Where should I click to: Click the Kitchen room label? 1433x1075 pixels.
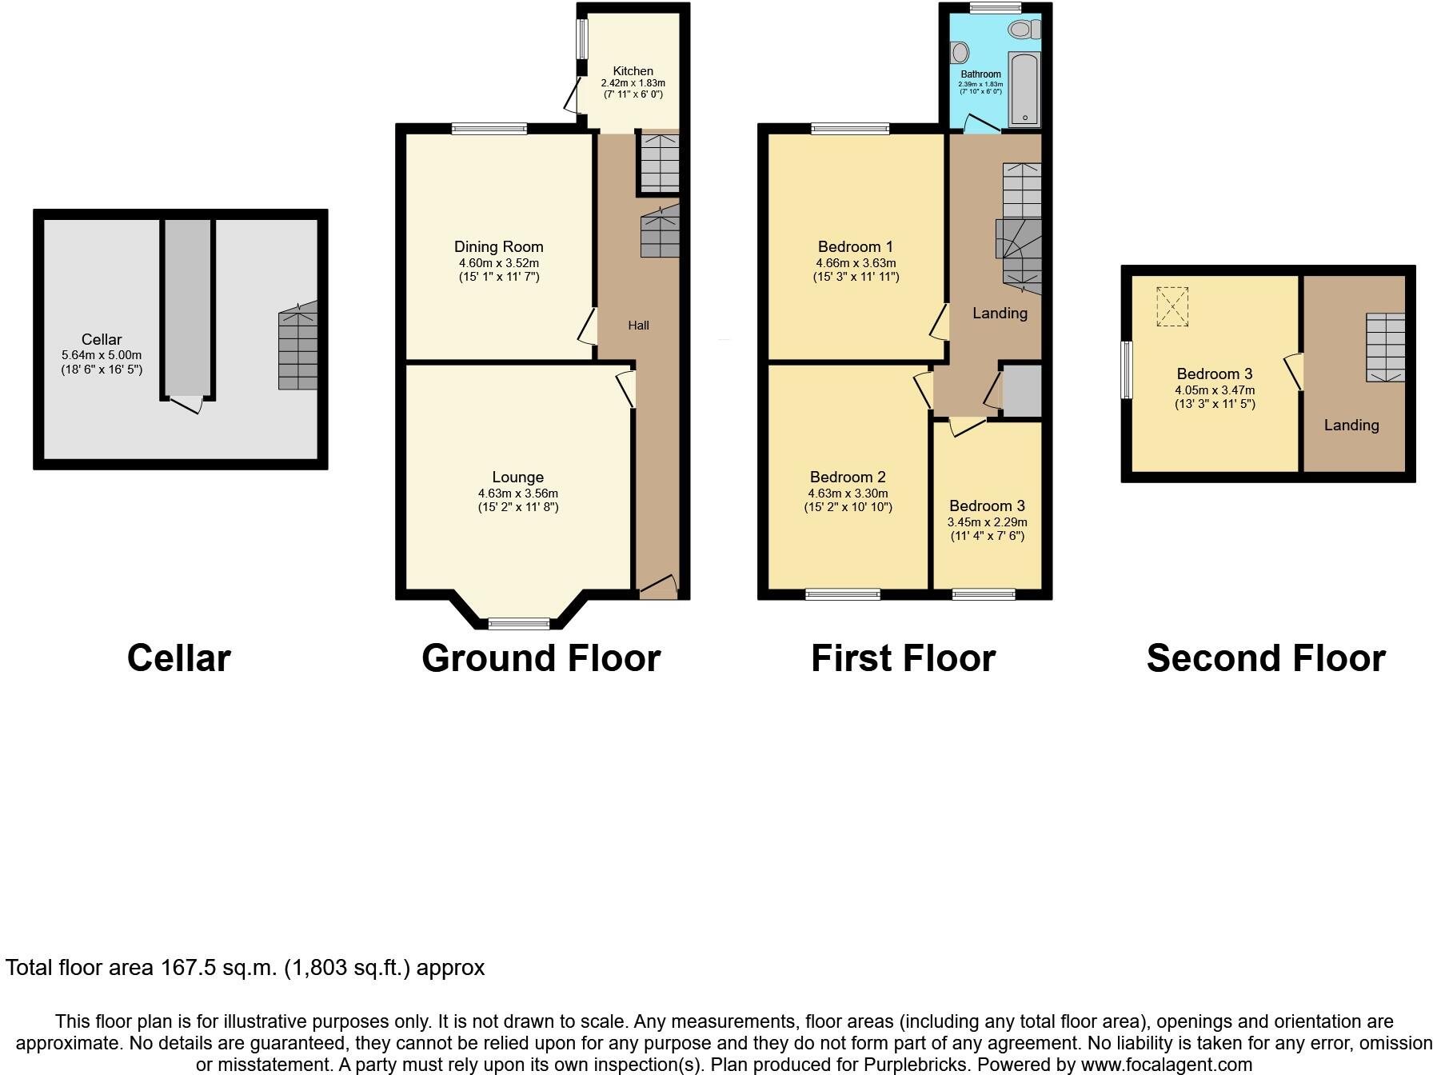click(633, 71)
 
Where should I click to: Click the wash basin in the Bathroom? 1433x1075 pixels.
click(960, 54)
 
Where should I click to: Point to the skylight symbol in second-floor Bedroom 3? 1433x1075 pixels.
click(1172, 307)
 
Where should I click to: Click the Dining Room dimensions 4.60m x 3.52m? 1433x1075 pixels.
click(498, 263)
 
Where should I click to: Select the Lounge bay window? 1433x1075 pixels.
click(519, 623)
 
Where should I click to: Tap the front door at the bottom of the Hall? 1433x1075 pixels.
click(658, 588)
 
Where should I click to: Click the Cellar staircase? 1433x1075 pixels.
click(297, 349)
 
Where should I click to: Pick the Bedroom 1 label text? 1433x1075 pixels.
click(855, 246)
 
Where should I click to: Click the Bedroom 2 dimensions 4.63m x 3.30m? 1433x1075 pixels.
click(848, 494)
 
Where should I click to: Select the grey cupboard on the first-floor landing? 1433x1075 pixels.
click(1022, 391)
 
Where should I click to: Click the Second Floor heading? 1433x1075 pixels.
click(1265, 658)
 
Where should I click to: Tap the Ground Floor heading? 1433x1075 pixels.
click(541, 658)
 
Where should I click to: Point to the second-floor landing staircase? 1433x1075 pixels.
click(1385, 346)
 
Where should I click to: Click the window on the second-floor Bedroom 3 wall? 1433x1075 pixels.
click(1127, 370)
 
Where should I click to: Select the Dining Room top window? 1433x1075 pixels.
click(489, 128)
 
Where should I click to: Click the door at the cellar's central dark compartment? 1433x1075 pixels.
click(186, 404)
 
